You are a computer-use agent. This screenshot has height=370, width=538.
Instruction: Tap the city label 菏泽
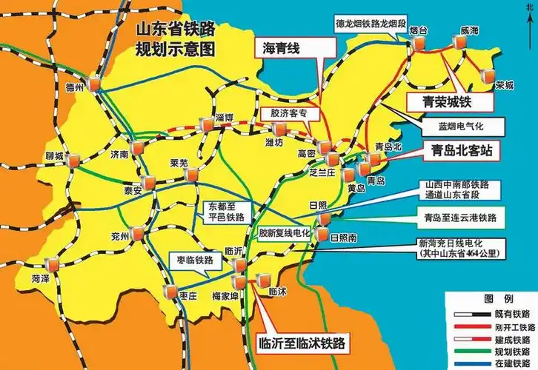point(42,278)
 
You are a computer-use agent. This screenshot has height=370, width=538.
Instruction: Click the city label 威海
point(469,30)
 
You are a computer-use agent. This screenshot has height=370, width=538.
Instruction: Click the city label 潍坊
point(274,143)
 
